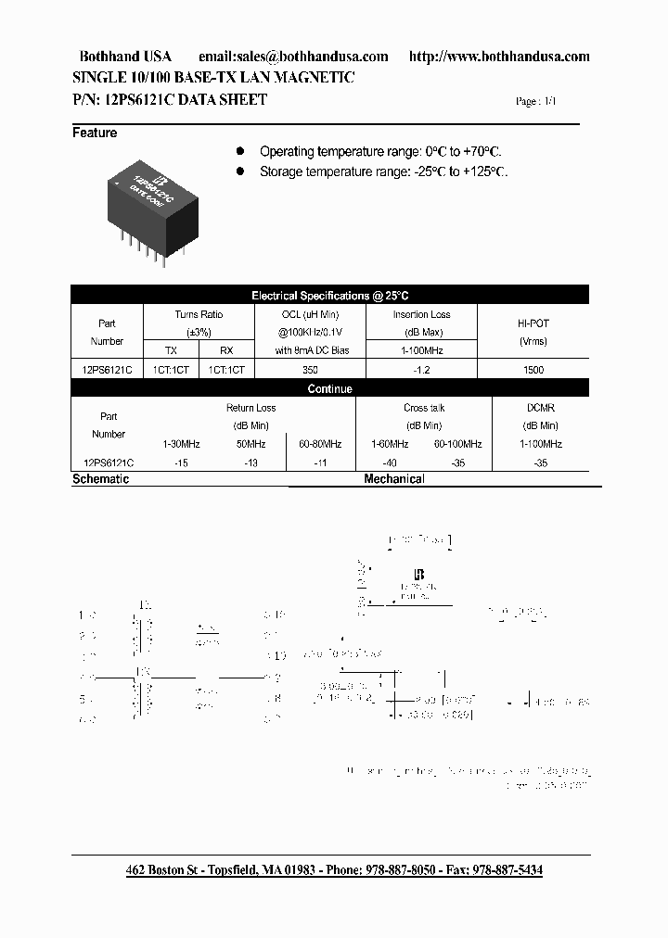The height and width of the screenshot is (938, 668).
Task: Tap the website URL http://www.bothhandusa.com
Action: (x=498, y=57)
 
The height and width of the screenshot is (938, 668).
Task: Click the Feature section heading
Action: (x=95, y=133)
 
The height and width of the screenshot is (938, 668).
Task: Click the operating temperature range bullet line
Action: (x=381, y=151)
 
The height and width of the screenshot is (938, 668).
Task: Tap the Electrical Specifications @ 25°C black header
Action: (x=329, y=296)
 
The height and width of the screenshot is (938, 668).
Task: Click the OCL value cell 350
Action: (x=310, y=370)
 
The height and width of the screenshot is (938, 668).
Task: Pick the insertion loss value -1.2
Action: (x=421, y=370)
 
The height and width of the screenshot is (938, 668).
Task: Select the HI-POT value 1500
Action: (x=533, y=370)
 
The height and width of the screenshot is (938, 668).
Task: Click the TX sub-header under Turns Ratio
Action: (x=171, y=351)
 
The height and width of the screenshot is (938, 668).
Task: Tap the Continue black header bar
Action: (x=329, y=389)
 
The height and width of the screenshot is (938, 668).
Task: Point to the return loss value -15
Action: (x=181, y=462)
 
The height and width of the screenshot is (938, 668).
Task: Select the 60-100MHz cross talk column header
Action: (x=457, y=444)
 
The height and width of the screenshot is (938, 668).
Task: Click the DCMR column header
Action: (x=541, y=408)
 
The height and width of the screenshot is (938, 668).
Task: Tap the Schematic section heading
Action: (x=100, y=479)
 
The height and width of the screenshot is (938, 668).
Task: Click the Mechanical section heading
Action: (x=394, y=479)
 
